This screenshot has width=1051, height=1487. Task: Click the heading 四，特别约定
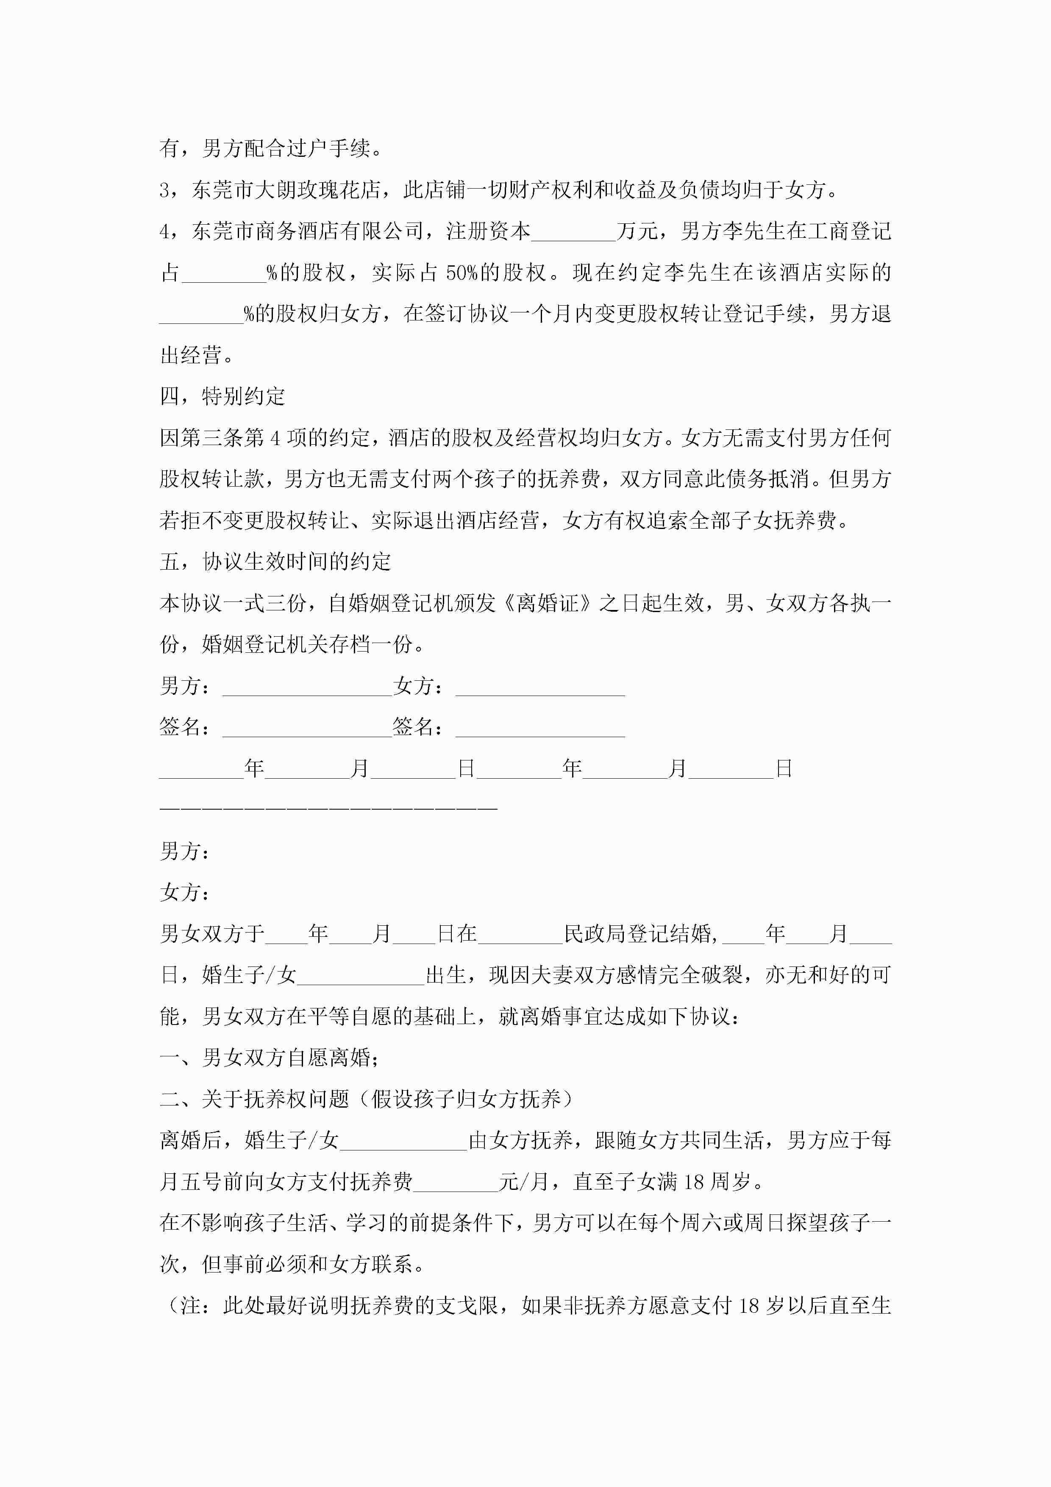coord(222,396)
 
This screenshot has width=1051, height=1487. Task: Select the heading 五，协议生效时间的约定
coord(275,562)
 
